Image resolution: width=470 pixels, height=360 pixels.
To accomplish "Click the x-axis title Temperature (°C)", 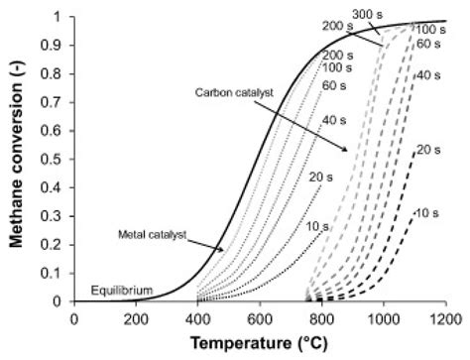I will [259, 346].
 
